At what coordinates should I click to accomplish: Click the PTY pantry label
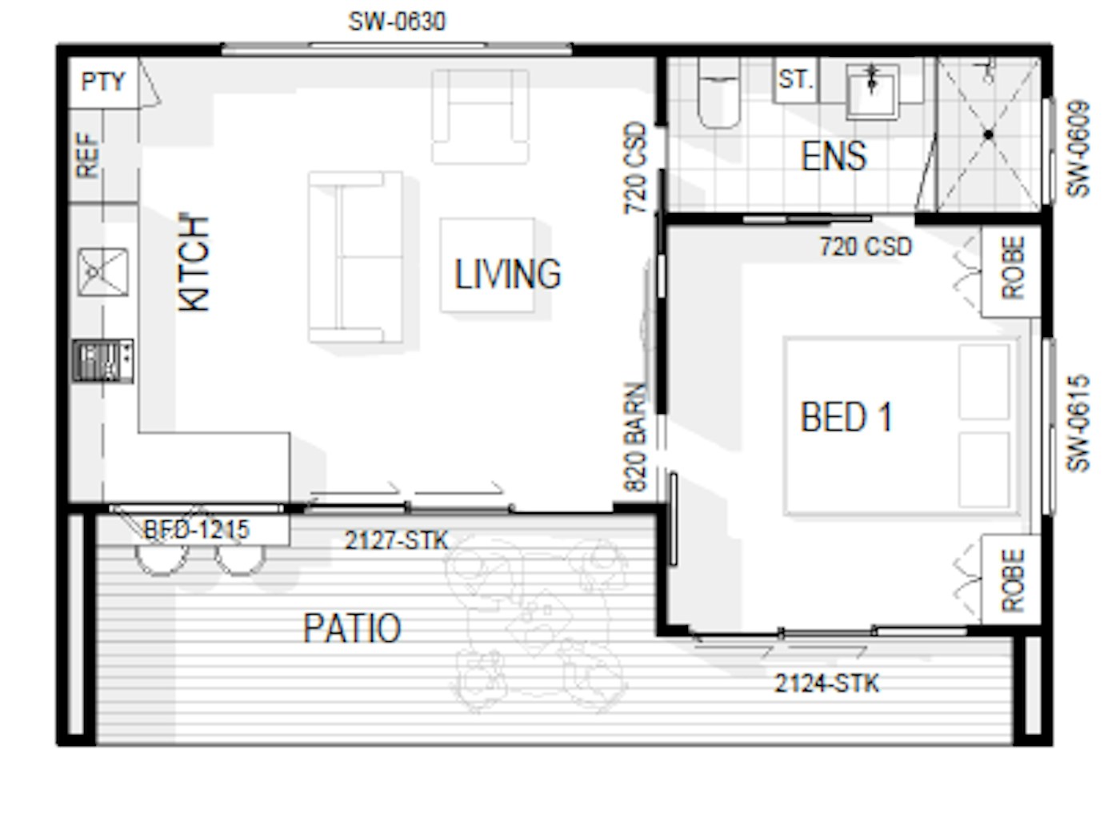103,82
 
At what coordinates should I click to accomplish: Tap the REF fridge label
87,155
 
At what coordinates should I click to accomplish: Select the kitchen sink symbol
103,272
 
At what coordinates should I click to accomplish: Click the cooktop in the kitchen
103,360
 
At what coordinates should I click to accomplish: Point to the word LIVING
508,274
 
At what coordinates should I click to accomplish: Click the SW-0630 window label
397,22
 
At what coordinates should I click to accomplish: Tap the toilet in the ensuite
718,93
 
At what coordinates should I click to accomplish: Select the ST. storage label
796,79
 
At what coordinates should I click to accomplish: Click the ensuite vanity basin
872,92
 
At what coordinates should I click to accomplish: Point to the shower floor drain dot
989,134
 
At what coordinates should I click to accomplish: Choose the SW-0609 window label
1078,149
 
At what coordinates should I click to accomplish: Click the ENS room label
834,155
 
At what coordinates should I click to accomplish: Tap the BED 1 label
846,417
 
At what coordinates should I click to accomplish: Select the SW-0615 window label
1078,423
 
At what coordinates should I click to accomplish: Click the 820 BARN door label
635,437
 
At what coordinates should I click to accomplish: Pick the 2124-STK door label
827,684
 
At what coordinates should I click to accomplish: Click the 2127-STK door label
397,540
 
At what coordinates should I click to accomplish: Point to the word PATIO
352,627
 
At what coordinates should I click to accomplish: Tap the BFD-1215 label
197,529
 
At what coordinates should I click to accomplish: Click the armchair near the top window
480,116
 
